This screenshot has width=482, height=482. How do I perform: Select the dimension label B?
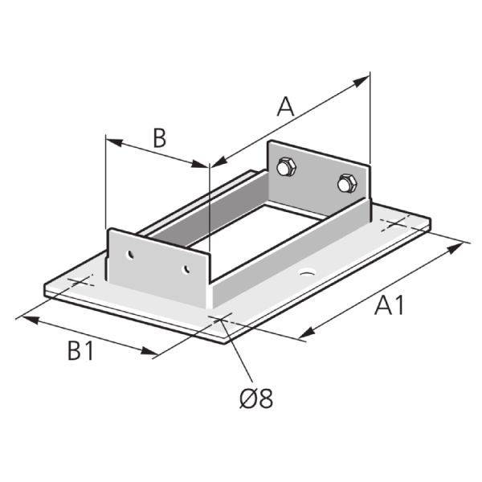tap(159, 137)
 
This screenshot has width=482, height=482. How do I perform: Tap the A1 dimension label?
tap(389, 305)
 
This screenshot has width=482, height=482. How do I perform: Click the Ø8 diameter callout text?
tap(256, 398)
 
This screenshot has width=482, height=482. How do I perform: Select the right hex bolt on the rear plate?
tap(345, 184)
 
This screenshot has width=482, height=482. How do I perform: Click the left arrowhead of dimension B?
tap(112, 142)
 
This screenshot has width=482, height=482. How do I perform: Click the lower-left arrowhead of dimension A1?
tap(306, 333)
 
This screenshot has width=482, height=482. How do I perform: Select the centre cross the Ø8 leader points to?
tap(221, 319)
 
